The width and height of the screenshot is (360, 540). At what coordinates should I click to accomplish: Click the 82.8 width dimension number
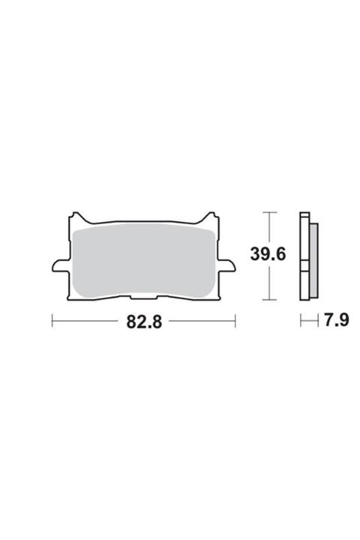(144, 322)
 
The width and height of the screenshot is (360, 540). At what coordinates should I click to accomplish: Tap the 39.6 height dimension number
(268, 255)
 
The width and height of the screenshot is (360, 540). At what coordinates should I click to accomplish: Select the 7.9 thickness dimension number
(336, 320)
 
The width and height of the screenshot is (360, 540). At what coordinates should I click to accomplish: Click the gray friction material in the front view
(144, 262)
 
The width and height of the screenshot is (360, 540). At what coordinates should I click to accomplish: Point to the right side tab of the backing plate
(227, 266)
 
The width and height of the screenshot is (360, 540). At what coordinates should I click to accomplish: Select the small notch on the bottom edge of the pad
(145, 296)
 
